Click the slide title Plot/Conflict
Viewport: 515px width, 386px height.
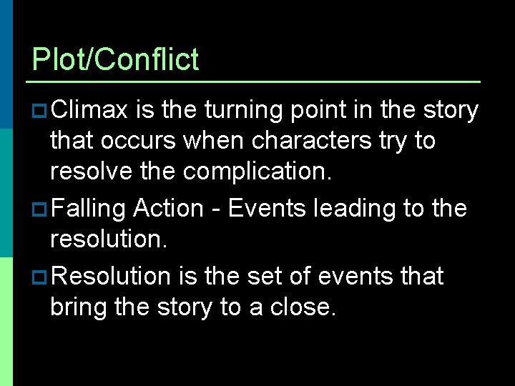pyautogui.click(x=115, y=59)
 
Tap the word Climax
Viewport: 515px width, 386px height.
pyautogui.click(x=89, y=110)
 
